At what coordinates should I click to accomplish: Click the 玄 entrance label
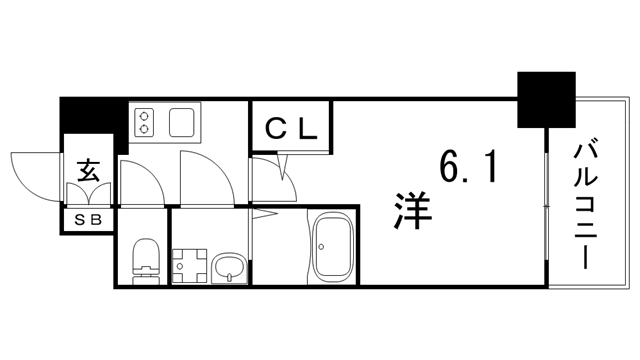89,171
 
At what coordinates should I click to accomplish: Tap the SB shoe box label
89,218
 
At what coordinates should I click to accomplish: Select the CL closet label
291,128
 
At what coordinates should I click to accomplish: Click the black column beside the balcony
546,99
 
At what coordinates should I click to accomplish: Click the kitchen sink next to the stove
186,123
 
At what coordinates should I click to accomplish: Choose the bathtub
332,251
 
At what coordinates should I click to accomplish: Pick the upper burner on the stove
146,114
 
